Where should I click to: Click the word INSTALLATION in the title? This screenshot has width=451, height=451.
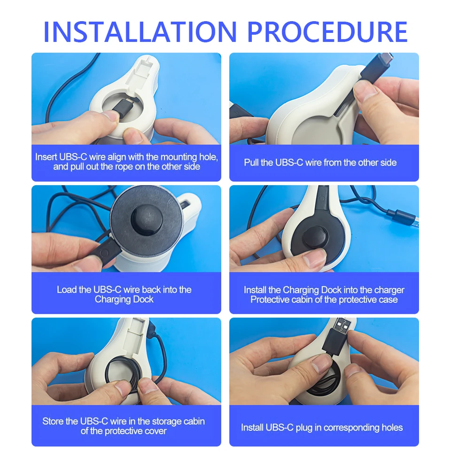tap(140, 31)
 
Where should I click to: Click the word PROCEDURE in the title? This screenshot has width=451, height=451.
tap(327, 31)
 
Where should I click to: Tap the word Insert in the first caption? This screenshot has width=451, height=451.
tap(46, 157)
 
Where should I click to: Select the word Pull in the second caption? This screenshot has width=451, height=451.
tap(251, 163)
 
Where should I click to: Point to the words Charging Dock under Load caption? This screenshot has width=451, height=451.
tap(124, 299)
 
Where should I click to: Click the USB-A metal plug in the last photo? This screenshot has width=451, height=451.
tap(342, 324)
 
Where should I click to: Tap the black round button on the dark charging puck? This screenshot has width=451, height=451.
tap(147, 220)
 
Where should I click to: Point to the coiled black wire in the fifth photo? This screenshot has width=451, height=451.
tap(123, 373)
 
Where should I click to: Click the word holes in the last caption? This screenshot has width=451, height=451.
tap(392, 428)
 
